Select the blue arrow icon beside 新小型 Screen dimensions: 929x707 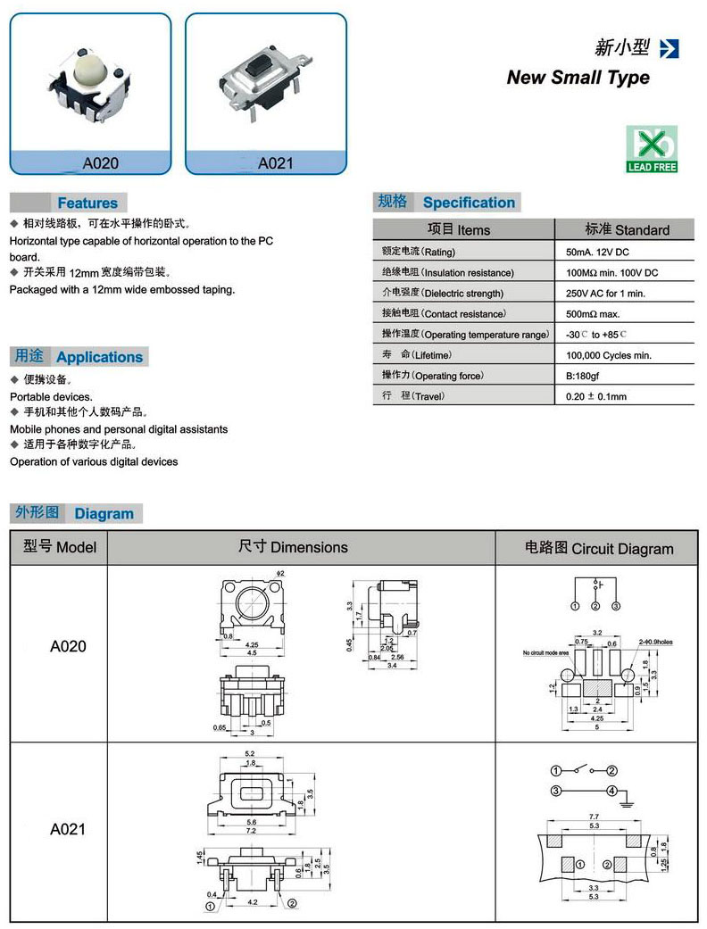click(x=669, y=48)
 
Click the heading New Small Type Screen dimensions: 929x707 click(x=578, y=78)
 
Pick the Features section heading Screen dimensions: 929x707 click(x=87, y=203)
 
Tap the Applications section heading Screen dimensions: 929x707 click(x=99, y=357)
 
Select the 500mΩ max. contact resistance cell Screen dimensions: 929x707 click(x=593, y=314)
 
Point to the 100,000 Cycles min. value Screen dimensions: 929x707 click(x=609, y=355)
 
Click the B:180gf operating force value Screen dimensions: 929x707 click(x=586, y=376)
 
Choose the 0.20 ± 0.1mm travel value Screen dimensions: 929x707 click(x=596, y=396)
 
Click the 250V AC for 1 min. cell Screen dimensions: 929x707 click(x=605, y=294)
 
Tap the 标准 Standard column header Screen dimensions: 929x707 click(x=627, y=229)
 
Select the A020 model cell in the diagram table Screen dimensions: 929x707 click(x=68, y=646)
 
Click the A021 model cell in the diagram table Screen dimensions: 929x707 click(x=68, y=829)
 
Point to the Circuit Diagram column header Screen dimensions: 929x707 click(x=598, y=548)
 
